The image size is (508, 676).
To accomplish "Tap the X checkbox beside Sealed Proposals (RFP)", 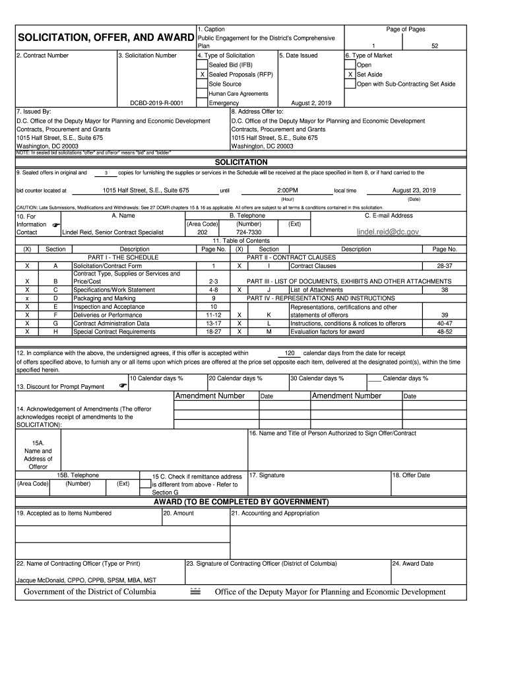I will pos(202,75).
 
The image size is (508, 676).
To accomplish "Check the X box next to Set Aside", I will pos(350,75).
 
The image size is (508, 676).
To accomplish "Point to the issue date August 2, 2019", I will pos(311,104).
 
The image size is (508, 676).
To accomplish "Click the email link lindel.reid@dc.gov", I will pos(388,232).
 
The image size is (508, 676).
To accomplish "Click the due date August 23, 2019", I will pos(414,190).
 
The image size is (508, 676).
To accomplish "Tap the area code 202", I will pos(203,232).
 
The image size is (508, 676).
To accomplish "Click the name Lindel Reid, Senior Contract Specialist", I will pos(113,232).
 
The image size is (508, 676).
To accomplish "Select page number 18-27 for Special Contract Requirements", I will pos(213,331).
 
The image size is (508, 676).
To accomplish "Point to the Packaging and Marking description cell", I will pos(104,298).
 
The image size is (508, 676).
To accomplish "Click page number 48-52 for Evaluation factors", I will pos(444,331).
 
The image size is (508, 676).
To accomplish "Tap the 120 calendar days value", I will pos(290,353).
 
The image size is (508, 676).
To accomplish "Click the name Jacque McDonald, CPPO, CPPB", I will pos(86,580).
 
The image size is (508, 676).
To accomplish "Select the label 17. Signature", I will pos(267,475).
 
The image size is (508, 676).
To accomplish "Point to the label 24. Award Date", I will pos(413,564).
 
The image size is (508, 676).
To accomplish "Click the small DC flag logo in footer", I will pos(195,591).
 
